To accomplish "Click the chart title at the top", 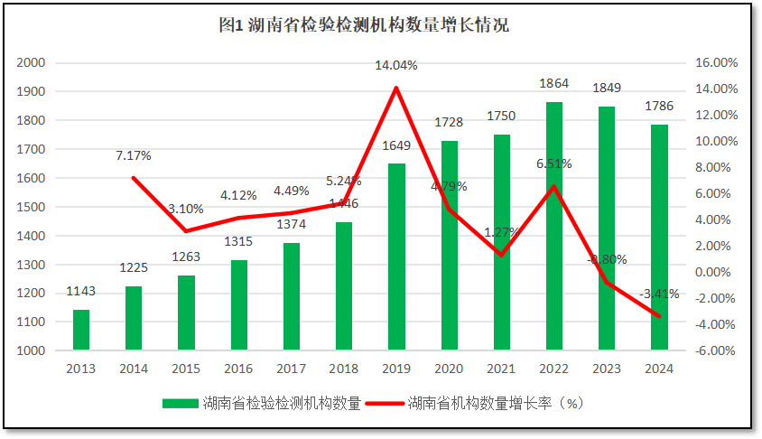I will pyautogui.click(x=363, y=25).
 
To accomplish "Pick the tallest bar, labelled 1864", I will pyautogui.click(x=554, y=225).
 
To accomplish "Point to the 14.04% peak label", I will pyautogui.click(x=397, y=66).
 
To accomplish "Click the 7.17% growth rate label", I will pyautogui.click(x=133, y=155).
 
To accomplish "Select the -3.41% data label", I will pyautogui.click(x=659, y=294).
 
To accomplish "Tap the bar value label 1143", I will pyautogui.click(x=81, y=291).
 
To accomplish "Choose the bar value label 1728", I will pyautogui.click(x=449, y=121).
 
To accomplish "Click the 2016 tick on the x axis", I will pyautogui.click(x=238, y=369).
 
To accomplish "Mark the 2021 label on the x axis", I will pyautogui.click(x=502, y=369).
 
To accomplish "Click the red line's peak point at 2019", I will pyautogui.click(x=396, y=88).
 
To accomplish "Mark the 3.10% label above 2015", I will pyautogui.click(x=185, y=209).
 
